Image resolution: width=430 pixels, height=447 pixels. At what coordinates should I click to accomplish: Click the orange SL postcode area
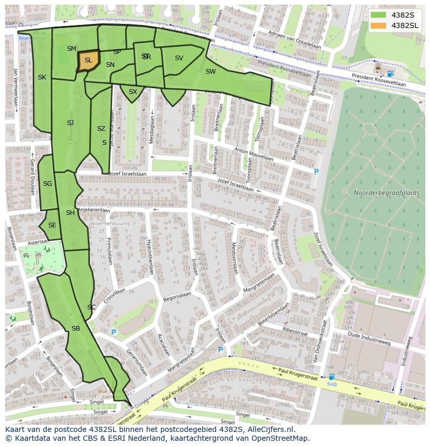click(x=88, y=60)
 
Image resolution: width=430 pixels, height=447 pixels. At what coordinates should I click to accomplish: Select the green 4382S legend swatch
click(x=378, y=15)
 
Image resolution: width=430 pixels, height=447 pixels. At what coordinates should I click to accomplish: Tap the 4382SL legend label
click(x=406, y=25)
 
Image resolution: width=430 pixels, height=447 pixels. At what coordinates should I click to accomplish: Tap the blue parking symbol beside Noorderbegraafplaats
click(x=316, y=172)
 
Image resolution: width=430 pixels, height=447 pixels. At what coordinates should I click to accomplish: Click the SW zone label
click(x=210, y=72)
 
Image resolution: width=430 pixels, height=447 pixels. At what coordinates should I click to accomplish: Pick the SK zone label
click(x=42, y=77)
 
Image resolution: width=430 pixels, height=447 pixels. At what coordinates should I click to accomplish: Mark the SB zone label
click(x=76, y=329)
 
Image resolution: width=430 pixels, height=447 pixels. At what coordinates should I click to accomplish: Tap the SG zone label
click(x=47, y=184)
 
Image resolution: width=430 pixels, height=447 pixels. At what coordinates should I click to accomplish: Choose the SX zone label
click(x=133, y=92)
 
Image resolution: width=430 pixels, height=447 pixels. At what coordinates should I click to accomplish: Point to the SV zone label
click(x=179, y=58)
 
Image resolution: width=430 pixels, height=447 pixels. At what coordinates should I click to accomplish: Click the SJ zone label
click(x=70, y=123)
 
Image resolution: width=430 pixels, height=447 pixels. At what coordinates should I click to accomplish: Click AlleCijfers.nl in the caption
click(x=265, y=429)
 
